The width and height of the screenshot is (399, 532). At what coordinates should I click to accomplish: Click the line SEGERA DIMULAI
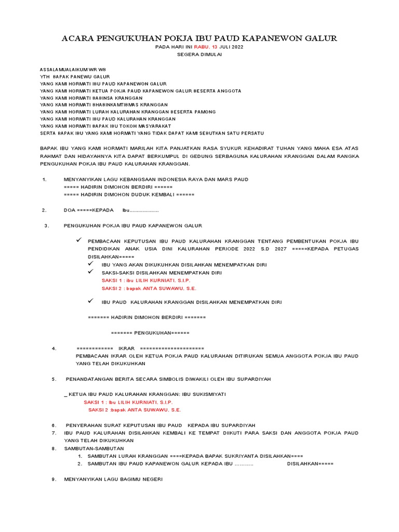[x=199, y=54]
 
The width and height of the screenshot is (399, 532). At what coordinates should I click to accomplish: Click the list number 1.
[x=44, y=180]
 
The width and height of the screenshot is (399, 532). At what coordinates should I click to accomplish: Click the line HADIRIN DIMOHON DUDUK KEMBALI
[x=129, y=194]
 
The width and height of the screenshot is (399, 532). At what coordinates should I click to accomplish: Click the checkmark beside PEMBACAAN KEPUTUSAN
[x=79, y=241]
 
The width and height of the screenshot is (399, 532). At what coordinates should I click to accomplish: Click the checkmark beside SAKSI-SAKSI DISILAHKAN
[x=91, y=272]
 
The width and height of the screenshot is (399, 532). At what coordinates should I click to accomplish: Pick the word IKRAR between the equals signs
[x=127, y=348]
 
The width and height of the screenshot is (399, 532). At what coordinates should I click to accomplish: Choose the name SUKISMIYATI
[x=208, y=394]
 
